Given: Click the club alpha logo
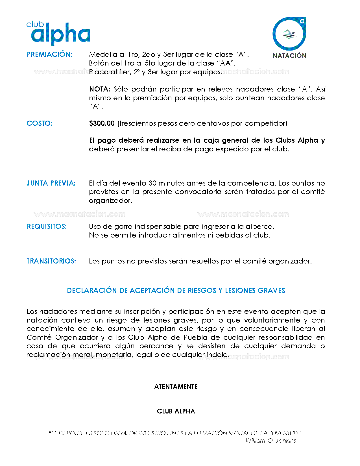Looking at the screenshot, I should tap(59, 33).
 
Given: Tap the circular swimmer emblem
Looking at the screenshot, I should tap(289, 34).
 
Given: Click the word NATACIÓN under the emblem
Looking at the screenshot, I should tap(289, 56).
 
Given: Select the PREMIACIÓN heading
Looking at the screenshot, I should tap(49, 55).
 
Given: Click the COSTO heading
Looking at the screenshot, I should tap(39, 123).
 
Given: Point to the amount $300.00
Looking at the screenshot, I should tap(102, 123).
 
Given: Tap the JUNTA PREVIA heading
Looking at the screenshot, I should tap(51, 183).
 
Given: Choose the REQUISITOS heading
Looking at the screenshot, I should tap(47, 227).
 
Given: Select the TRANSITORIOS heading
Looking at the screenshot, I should tap(51, 261).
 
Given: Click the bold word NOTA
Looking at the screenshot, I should tap(99, 89).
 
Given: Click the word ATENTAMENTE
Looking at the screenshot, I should tap(176, 387).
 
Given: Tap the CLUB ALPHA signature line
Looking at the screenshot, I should tap(176, 411).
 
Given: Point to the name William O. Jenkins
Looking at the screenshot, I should tap(271, 441).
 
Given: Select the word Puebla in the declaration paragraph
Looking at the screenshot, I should tap(196, 337).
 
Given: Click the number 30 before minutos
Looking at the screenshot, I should tap(152, 183).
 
